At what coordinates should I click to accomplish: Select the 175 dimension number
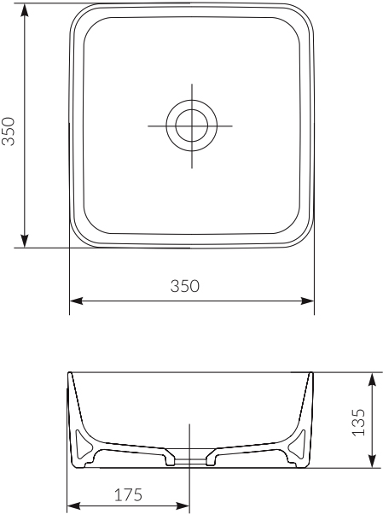[x=127, y=494]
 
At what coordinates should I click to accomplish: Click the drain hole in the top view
[x=192, y=125]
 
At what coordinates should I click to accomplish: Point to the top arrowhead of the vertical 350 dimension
[x=26, y=9]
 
